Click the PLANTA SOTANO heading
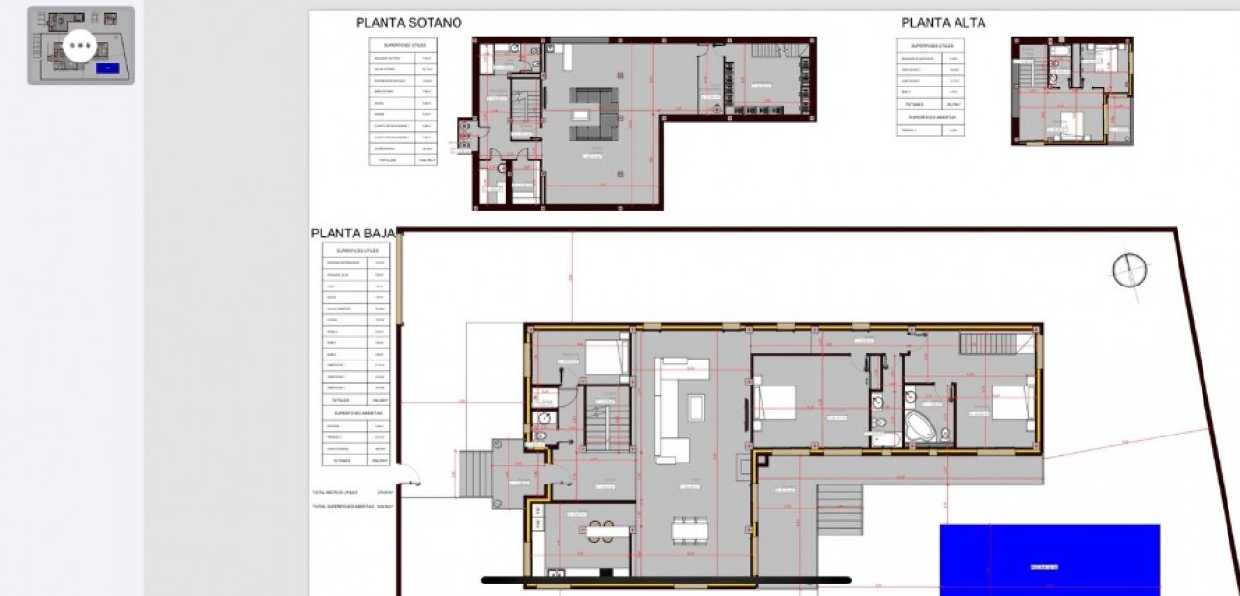coord(409,23)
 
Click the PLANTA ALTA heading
coord(942,23)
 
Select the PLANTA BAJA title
coord(353,234)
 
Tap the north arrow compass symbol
coord(1129,270)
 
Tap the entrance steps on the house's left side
coord(473,473)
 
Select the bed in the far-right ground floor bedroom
coord(1011,399)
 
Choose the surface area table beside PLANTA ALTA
coord(930,87)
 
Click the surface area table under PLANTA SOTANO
coord(404,102)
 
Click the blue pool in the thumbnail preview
coord(108,68)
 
